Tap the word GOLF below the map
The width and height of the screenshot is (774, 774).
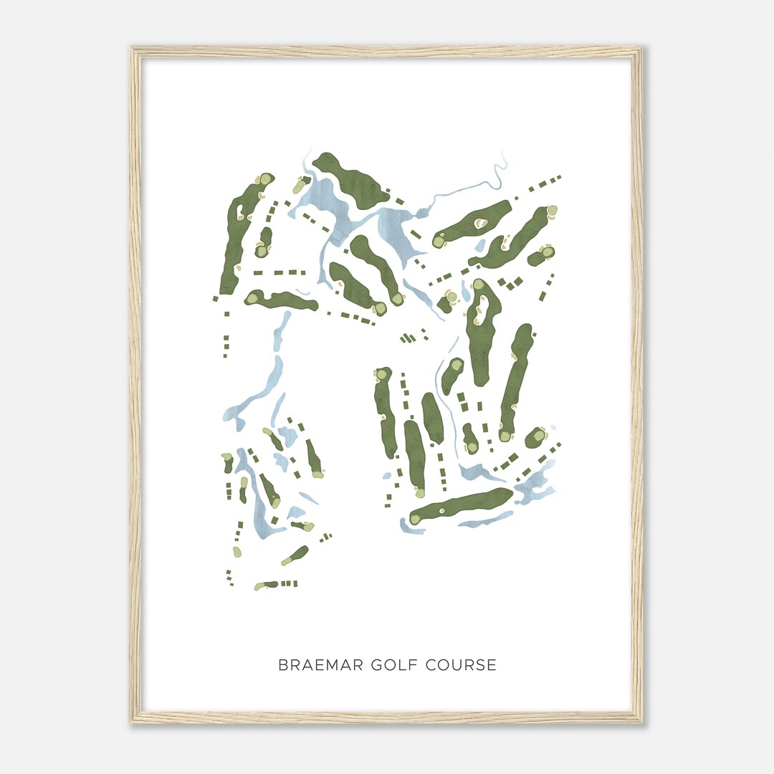[x=396, y=665]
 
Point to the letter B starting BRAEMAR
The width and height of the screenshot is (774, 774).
[x=282, y=665]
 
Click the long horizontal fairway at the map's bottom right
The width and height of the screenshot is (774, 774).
[x=462, y=505]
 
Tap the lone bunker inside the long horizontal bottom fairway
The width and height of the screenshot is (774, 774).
[x=442, y=511]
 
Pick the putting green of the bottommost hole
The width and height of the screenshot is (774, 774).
[x=259, y=587]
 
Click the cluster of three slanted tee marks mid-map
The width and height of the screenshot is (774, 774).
[x=407, y=338]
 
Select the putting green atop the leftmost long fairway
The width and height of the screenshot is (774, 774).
[x=265, y=179]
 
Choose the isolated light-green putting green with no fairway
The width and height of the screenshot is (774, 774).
[x=451, y=297]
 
